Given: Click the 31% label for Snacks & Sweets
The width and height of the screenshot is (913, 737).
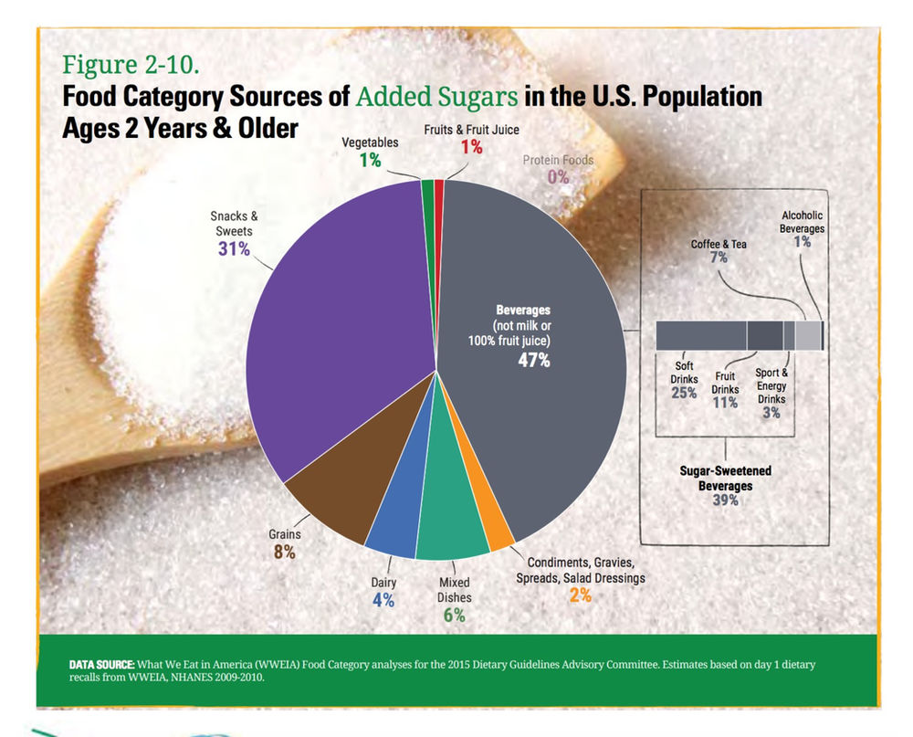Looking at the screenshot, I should (x=234, y=248).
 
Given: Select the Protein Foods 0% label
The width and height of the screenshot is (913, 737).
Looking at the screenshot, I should (x=558, y=176).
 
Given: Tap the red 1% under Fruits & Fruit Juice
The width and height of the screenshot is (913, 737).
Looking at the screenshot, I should (x=470, y=147).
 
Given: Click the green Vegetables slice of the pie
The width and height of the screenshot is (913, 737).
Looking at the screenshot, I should (x=427, y=188).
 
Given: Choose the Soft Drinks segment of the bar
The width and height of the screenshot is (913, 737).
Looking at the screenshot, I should (x=701, y=336).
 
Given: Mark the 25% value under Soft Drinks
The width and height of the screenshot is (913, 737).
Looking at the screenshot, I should (x=684, y=394).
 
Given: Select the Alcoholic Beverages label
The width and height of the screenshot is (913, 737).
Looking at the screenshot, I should (x=802, y=222).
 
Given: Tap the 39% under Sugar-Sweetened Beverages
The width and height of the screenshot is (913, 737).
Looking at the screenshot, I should (x=725, y=500).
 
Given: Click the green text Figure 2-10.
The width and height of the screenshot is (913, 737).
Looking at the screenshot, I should (x=130, y=65).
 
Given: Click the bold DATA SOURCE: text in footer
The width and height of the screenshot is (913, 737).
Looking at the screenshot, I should (x=102, y=664).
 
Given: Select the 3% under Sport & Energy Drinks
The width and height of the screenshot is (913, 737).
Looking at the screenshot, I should (x=771, y=412).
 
